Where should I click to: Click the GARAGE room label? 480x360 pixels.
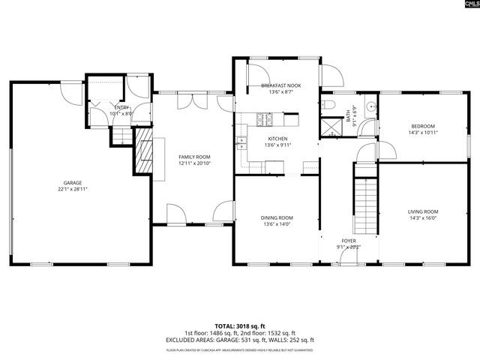pyautogui.click(x=72, y=182)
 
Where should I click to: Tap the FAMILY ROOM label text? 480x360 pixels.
pyautogui.click(x=194, y=157)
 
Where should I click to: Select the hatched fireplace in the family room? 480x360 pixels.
pyautogui.click(x=143, y=151)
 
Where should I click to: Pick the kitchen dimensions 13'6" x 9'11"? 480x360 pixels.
pyautogui.click(x=277, y=145)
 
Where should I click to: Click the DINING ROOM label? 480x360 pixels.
pyautogui.click(x=277, y=217)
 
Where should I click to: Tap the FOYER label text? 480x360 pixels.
pyautogui.click(x=348, y=240)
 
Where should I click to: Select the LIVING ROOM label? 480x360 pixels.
pyautogui.click(x=423, y=211)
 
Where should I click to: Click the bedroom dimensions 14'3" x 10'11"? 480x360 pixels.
pyautogui.click(x=423, y=133)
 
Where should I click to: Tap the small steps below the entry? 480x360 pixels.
pyautogui.click(x=121, y=135)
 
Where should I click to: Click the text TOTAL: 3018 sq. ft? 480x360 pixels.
pyautogui.click(x=240, y=327)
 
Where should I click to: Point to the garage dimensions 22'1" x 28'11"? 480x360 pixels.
pyautogui.click(x=72, y=189)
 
